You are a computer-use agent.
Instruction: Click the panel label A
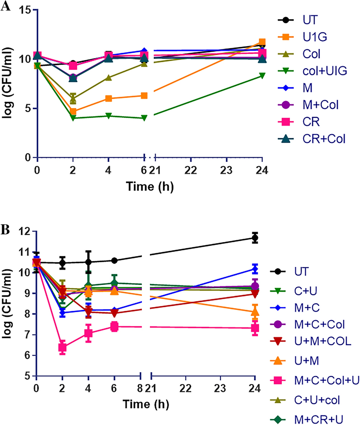pos(5,6)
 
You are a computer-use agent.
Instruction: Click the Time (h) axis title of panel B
pos(145,405)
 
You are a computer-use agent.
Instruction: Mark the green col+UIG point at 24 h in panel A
pos(262,75)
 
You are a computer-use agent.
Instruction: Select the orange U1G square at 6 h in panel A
pos(144,95)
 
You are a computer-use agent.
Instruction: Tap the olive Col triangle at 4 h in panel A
pos(108,78)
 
